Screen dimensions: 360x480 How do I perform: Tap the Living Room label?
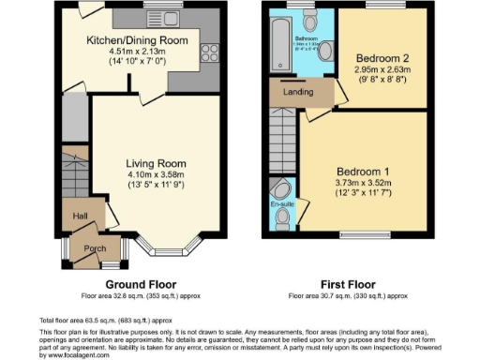(x=155, y=163)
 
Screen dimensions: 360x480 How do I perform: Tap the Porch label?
(x=95, y=248)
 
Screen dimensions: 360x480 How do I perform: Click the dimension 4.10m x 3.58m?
(x=155, y=174)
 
